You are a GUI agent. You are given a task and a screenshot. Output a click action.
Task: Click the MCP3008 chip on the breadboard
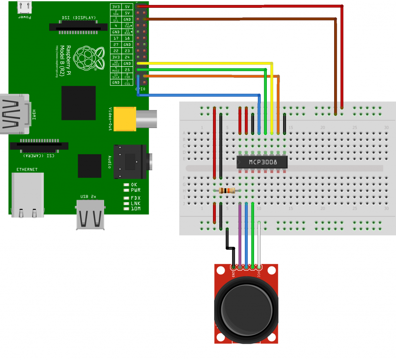pos(262,162)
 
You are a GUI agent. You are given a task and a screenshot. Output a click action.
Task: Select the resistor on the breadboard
pos(227,190)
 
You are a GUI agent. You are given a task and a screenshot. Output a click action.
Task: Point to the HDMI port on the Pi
pos(14,114)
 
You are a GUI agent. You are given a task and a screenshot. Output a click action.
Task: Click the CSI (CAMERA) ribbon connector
pos(39,146)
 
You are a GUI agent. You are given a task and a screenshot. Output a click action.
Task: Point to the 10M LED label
pos(135,209)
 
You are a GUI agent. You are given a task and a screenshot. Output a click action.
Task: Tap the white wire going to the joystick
pos(259,244)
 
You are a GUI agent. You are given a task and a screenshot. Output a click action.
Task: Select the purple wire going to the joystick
pos(240,236)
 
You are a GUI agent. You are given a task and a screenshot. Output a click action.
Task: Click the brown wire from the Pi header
pos(240,19)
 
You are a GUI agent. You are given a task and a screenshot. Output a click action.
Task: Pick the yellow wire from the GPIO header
pos(205,63)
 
